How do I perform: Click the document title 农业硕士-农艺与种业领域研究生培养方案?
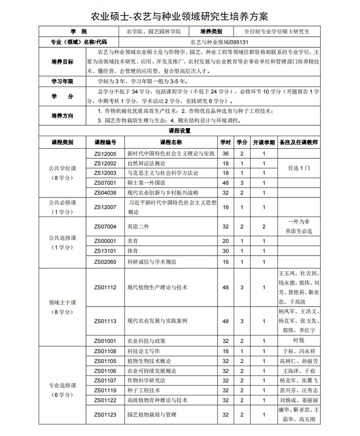180,17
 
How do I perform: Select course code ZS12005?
105,154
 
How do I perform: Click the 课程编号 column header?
105,142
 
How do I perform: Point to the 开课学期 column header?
264,142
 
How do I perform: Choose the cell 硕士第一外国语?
147,183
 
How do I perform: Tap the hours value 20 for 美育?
226,241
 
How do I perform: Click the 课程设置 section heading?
180,131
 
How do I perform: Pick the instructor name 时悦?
299,340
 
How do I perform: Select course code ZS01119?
105,390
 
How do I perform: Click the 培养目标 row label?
62,62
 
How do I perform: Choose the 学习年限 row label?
62,82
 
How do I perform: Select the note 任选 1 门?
299,167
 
